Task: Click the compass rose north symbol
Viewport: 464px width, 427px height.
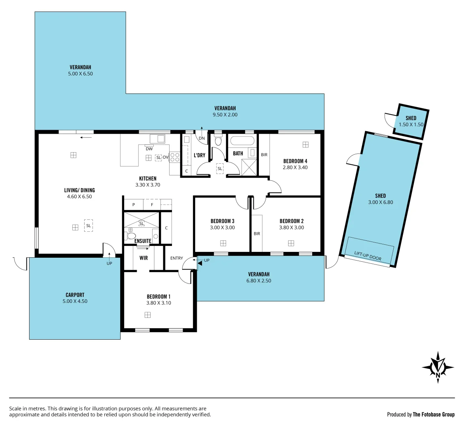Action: [438, 367]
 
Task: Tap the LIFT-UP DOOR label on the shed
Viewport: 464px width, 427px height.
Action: [368, 256]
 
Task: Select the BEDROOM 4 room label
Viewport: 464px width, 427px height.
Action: [295, 161]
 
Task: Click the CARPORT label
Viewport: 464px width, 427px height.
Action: [75, 295]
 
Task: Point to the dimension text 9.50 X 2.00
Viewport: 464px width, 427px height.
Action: [225, 115]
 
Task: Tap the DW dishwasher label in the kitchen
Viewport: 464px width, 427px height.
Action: [149, 149]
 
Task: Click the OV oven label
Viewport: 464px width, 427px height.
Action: [165, 157]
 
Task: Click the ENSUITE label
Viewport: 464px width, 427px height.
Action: [143, 241]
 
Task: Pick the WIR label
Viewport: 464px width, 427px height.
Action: [143, 258]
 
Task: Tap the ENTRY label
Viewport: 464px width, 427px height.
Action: [177, 258]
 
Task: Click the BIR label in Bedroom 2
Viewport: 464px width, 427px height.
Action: [257, 234]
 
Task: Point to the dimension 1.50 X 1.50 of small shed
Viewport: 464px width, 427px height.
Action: [411, 125]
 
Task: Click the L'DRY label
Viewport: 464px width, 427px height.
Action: [200, 155]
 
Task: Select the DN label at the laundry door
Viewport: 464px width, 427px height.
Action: [202, 138]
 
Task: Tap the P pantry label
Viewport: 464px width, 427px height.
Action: [134, 205]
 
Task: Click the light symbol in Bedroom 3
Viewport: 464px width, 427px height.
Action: [223, 243]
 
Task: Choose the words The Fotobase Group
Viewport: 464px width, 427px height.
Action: [434, 414]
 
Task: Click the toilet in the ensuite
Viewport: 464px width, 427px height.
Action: [130, 236]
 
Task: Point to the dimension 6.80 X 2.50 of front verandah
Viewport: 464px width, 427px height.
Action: [258, 281]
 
